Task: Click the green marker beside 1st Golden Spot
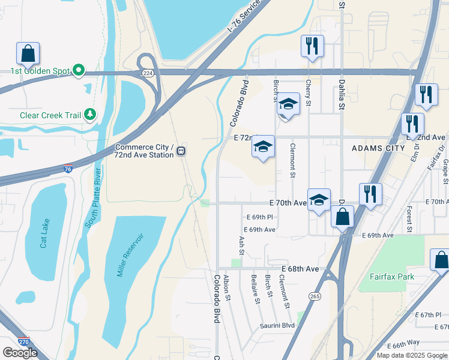(79, 71)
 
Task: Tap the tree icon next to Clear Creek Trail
(90, 114)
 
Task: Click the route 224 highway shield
(147, 73)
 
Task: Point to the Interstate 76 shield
(68, 170)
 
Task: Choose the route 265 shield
(315, 296)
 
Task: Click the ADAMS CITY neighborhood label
(375, 148)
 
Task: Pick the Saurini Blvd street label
(277, 325)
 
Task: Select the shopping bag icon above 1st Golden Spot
(28, 53)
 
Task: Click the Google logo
(20, 352)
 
